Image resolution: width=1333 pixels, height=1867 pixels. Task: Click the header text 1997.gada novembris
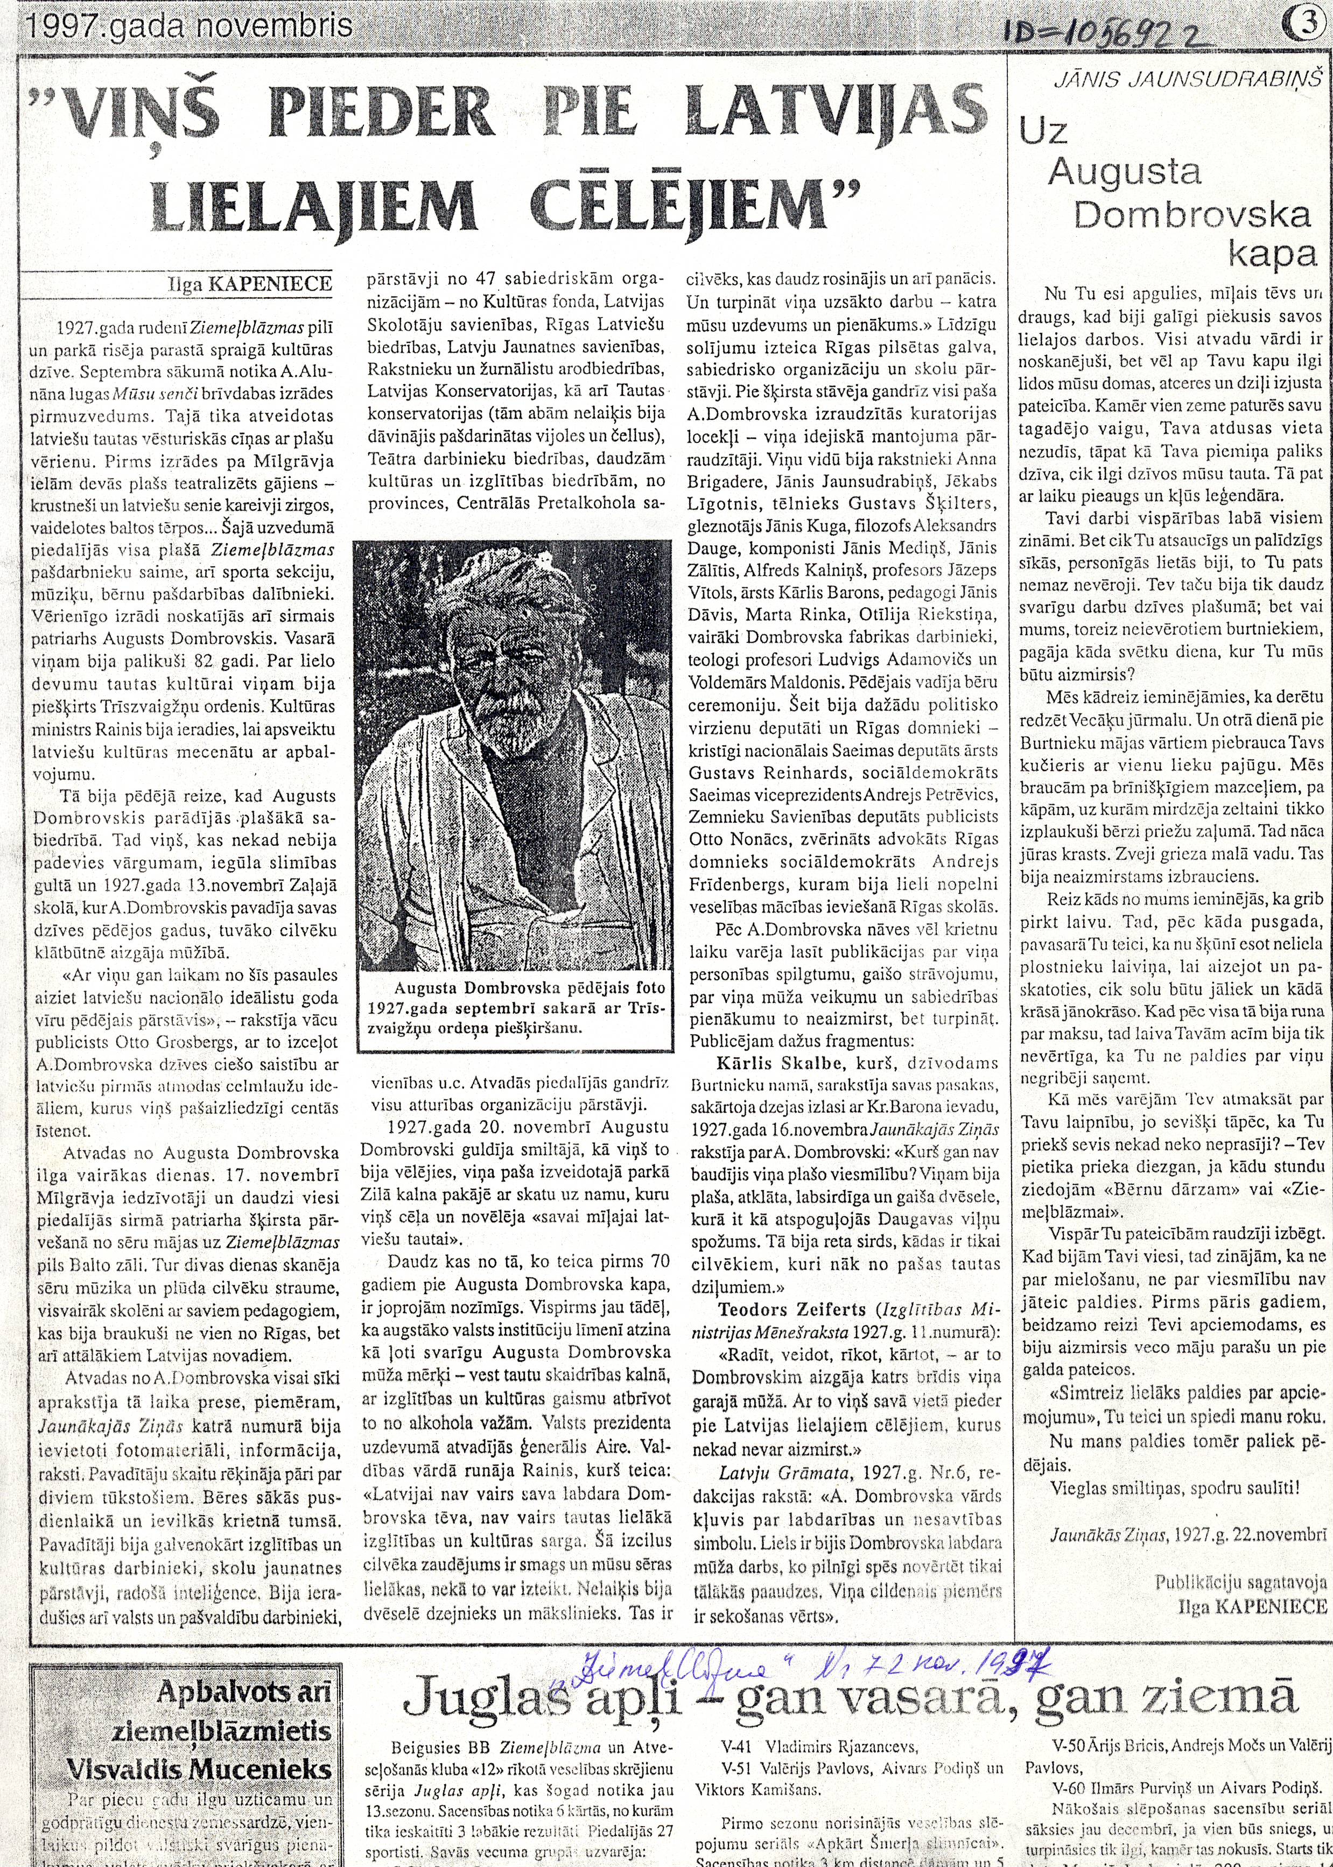190,27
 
